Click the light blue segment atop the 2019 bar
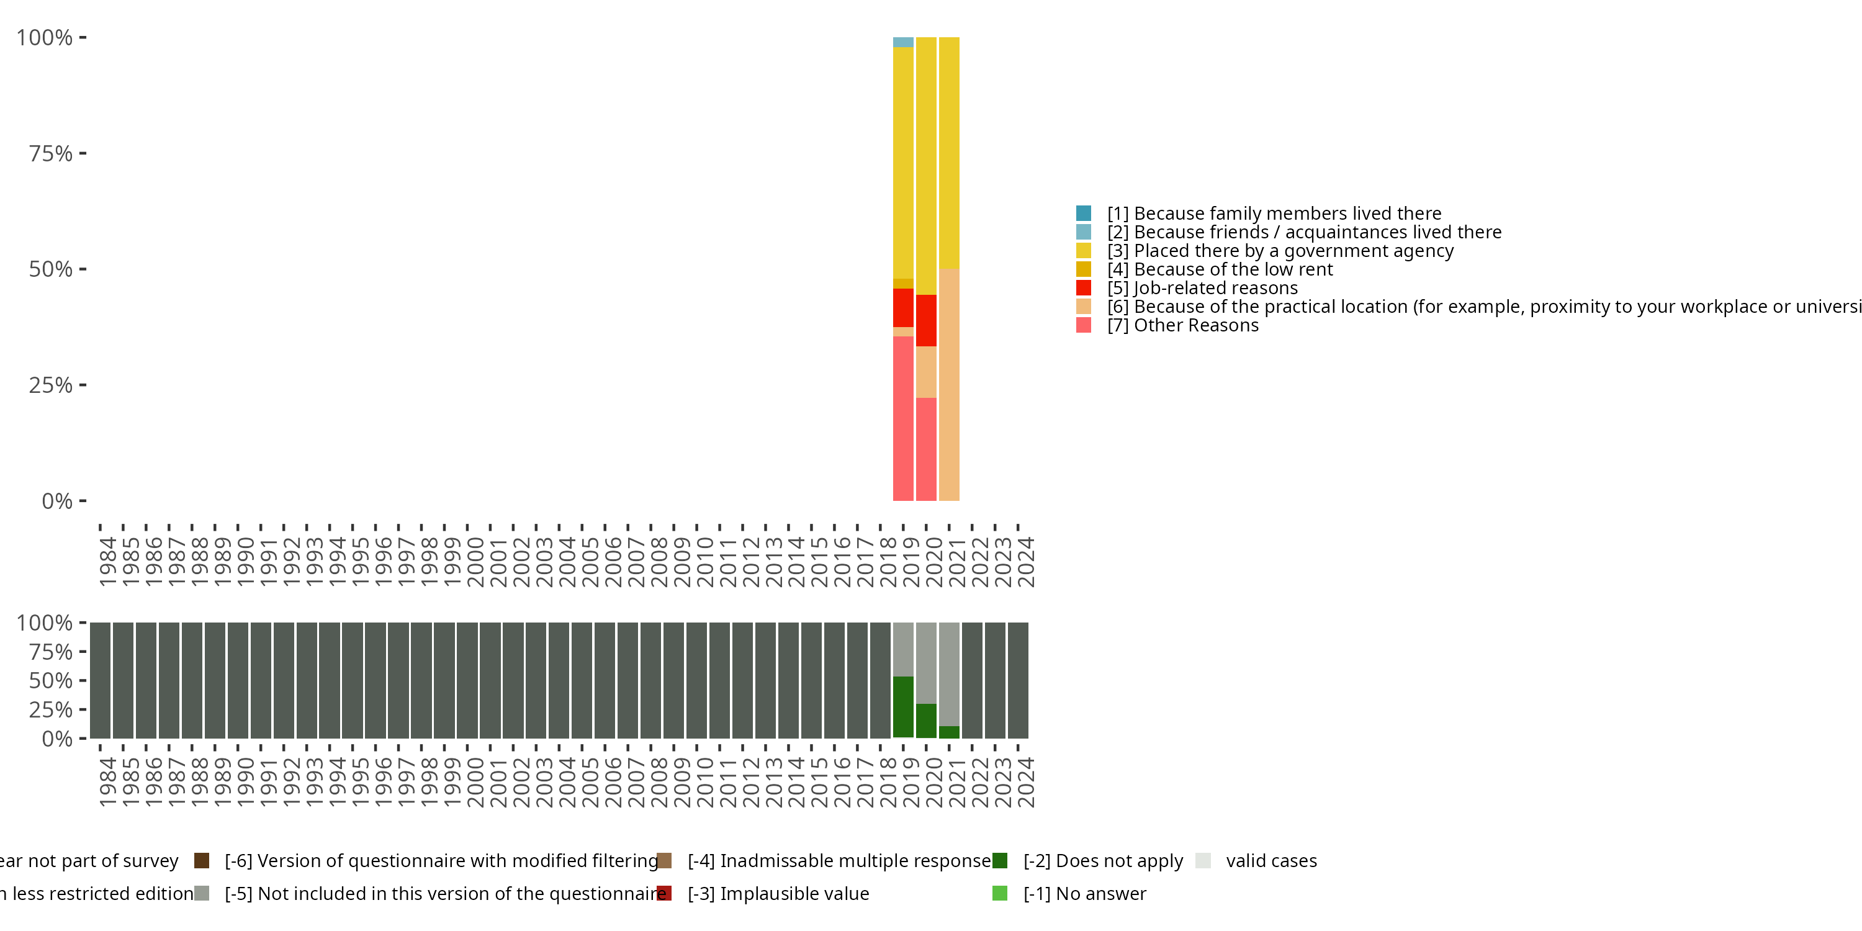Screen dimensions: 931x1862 [903, 42]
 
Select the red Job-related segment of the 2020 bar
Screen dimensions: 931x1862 [926, 320]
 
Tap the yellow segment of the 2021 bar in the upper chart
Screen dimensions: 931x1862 [949, 153]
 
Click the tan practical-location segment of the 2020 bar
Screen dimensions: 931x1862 [926, 372]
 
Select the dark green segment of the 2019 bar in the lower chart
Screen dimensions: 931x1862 [903, 706]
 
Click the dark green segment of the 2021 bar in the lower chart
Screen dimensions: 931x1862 [949, 732]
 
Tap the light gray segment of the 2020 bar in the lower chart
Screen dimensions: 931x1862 [926, 662]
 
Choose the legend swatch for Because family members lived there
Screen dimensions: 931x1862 [1083, 214]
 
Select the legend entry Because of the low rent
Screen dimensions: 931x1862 [1233, 269]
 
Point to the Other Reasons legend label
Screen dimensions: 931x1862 [1195, 325]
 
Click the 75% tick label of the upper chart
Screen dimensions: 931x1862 [51, 153]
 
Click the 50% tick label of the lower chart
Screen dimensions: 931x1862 [51, 680]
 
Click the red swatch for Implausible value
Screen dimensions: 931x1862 [664, 893]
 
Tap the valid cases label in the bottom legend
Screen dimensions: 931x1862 [1271, 861]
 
